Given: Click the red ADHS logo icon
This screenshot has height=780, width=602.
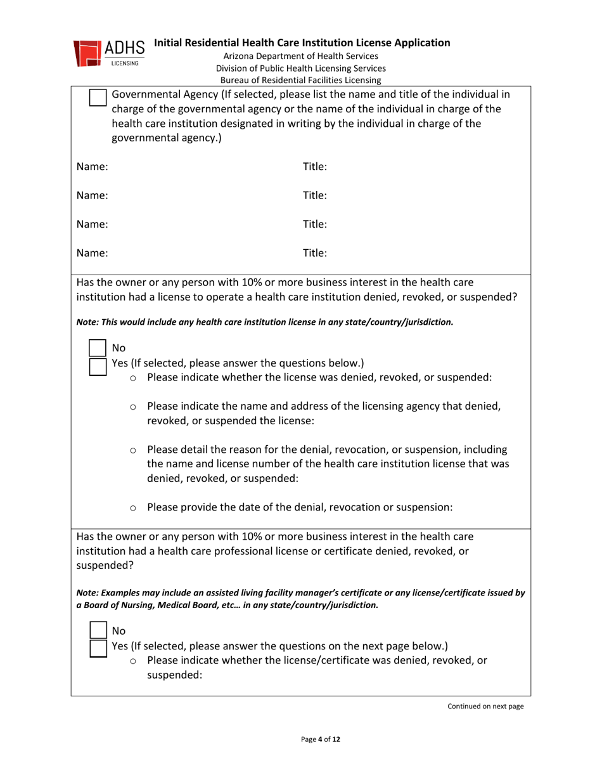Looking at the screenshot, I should pyautogui.click(x=87, y=53).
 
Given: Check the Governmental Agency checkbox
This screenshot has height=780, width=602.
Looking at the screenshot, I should pyautogui.click(x=98, y=98).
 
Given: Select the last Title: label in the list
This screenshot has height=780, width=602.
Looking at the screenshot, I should pyautogui.click(x=315, y=253).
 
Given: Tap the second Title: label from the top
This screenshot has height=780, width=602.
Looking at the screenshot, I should pyautogui.click(x=315, y=196).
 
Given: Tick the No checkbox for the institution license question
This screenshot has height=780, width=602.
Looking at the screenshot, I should pyautogui.click(x=98, y=348).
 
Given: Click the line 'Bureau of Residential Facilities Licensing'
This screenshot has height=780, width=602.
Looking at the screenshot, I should pyautogui.click(x=300, y=81).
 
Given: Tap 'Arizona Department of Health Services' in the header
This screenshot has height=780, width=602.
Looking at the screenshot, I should pyautogui.click(x=300, y=57).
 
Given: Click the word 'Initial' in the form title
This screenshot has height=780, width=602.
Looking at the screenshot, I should pyautogui.click(x=170, y=43).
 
